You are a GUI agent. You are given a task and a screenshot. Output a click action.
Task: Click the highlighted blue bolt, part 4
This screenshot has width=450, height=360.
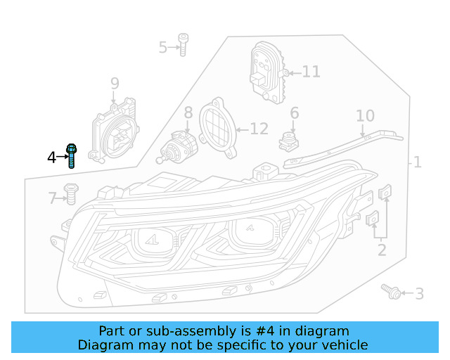[71, 156]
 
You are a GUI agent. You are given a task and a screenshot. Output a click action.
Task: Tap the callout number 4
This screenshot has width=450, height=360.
[51, 157]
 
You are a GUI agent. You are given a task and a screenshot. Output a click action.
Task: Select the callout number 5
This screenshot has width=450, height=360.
[163, 48]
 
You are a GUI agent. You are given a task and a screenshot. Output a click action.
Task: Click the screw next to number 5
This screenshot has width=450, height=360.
[183, 44]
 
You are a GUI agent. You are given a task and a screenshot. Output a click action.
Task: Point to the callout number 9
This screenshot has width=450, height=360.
[115, 85]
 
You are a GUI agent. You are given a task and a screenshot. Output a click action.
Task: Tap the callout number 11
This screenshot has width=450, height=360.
[311, 72]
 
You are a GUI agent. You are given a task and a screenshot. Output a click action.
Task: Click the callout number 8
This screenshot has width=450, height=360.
[188, 112]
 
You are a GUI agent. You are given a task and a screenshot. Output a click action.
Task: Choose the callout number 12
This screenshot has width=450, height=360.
[259, 129]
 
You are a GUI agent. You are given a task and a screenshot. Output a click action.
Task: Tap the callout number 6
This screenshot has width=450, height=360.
[294, 113]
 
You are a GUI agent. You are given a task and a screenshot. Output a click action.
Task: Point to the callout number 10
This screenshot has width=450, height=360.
[365, 116]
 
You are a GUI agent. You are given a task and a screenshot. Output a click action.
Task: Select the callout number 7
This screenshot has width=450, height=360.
[52, 199]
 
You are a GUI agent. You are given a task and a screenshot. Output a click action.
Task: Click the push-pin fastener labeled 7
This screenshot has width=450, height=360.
[70, 193]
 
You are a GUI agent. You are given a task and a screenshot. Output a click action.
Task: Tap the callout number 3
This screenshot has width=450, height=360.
[419, 294]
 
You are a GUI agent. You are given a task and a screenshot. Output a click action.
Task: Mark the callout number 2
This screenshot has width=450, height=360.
[381, 250]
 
